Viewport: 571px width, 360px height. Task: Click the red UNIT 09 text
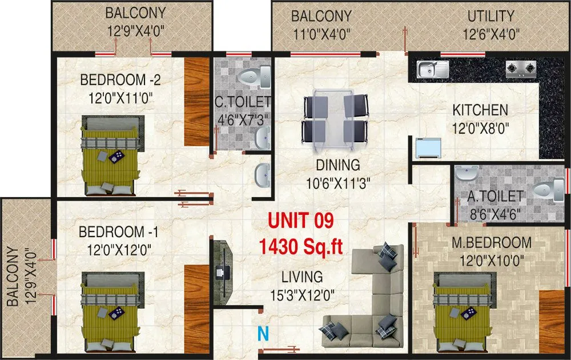tap(300, 220)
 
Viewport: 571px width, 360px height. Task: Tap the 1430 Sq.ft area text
tap(300, 246)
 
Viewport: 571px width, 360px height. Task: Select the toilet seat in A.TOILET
tap(549, 191)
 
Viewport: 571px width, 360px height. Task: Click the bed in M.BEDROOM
tap(463, 311)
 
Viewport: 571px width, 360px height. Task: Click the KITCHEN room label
tap(480, 109)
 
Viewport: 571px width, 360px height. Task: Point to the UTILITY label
tap(490, 16)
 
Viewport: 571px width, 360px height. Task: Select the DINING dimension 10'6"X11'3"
tap(339, 183)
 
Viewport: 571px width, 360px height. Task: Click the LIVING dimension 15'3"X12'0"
tap(302, 295)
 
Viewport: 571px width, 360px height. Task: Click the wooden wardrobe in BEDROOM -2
tap(196, 102)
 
